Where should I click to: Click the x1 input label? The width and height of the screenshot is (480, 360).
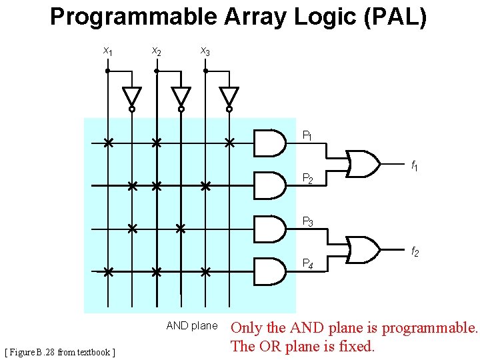coord(107,51)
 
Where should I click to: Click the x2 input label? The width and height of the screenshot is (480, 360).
coord(156,51)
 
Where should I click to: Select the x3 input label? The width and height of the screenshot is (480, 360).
coord(205,51)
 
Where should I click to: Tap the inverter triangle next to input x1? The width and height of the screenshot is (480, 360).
coord(132,95)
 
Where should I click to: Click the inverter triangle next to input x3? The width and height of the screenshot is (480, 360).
coord(229,95)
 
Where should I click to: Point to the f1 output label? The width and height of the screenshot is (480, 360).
coord(414,165)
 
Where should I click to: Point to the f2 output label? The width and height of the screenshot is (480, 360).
coord(414,251)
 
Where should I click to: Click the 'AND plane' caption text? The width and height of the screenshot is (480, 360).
coord(191,326)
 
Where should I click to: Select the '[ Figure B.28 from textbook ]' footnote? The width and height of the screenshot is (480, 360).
coord(60,351)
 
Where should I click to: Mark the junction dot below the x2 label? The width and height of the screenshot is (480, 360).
coord(156,70)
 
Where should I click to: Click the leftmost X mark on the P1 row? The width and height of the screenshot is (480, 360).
coord(107,142)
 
